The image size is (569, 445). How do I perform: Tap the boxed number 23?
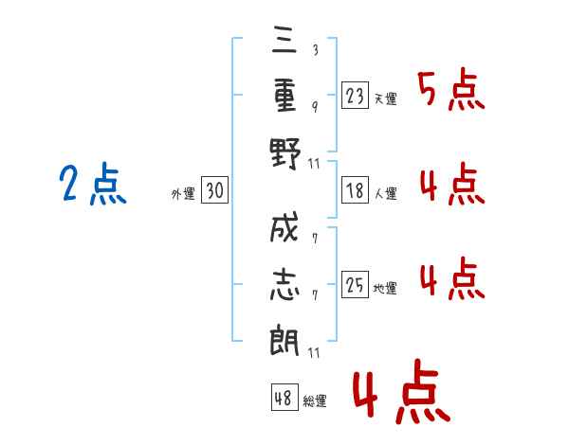click(355, 96)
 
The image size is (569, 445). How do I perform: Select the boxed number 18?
click(355, 191)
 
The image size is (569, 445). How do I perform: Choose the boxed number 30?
click(214, 191)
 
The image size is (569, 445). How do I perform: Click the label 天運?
click(385, 98)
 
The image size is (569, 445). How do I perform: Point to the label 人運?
click(385, 194)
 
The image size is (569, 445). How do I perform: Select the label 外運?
click(182, 194)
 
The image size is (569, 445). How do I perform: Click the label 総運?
click(315, 400)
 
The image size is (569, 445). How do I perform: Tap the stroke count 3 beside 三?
click(314, 50)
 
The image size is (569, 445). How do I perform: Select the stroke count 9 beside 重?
click(314, 106)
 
